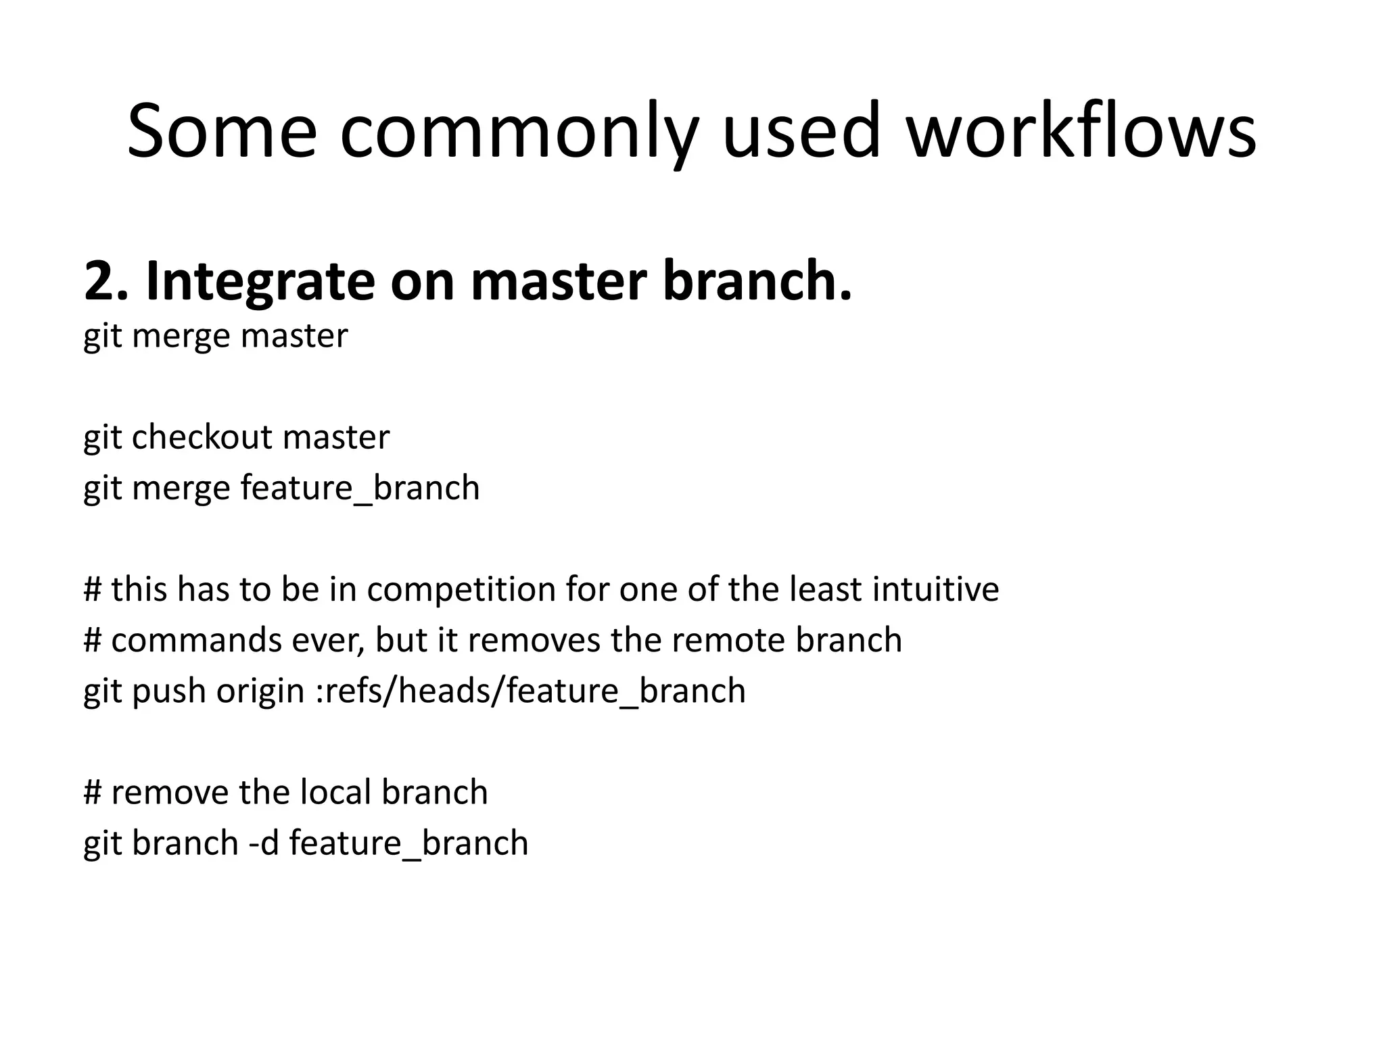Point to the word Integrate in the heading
(x=260, y=282)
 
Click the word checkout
(x=203, y=437)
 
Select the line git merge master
(x=215, y=336)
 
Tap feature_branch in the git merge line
(x=360, y=488)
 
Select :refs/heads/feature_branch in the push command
(x=531, y=691)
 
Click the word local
(x=335, y=792)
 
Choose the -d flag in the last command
(x=264, y=843)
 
